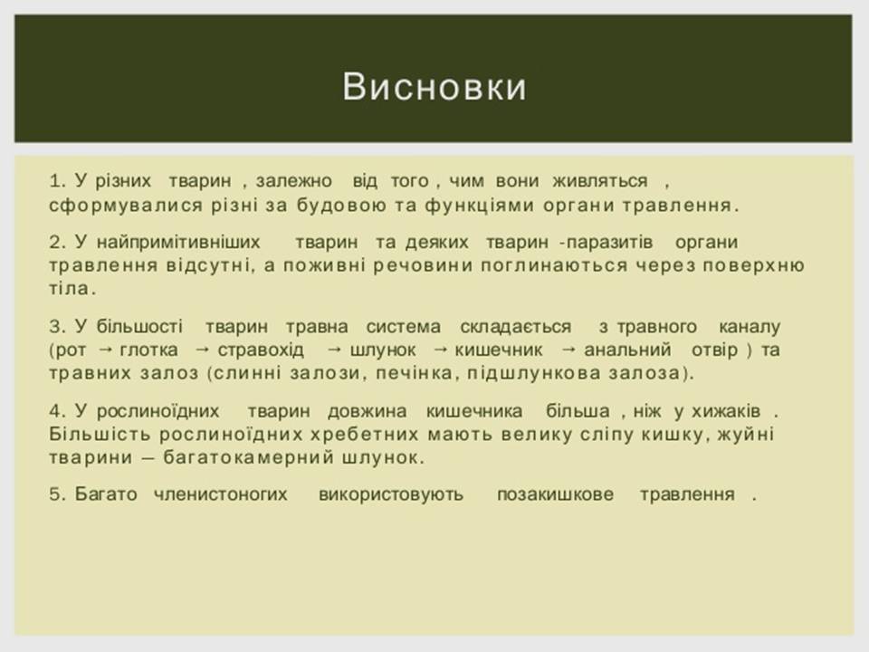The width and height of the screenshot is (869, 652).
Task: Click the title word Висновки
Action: coord(434,87)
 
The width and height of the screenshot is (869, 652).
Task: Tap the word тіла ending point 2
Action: coord(70,290)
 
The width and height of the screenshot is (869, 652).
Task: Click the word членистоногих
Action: coord(220,494)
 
